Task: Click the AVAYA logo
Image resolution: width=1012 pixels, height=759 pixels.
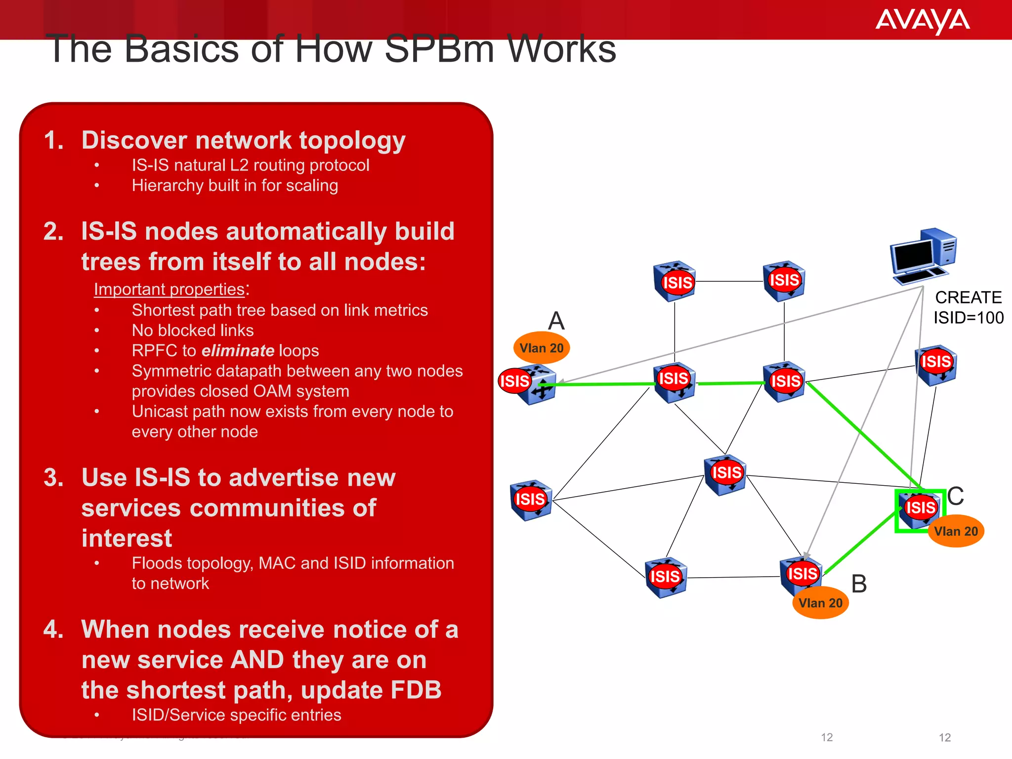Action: pos(922,21)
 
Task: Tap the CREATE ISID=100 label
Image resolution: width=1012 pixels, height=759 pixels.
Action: pos(968,307)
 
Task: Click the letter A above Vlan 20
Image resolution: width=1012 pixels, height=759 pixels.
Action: pos(556,321)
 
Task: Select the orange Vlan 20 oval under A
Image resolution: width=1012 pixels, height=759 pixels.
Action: pos(542,348)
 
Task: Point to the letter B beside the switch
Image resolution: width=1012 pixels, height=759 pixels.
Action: pos(859,584)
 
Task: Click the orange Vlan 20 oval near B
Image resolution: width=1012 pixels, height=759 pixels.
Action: pos(820,603)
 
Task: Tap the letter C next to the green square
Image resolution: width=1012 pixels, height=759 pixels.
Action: pos(955,496)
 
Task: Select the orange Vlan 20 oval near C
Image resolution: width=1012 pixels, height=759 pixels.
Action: pos(956,531)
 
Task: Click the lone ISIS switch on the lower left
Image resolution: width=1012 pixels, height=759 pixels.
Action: pos(531,500)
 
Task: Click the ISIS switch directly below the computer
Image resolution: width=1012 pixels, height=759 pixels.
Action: pos(935,365)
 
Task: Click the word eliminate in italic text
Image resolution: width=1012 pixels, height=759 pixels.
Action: pos(238,351)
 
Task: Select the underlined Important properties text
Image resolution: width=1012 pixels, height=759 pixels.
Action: pos(169,290)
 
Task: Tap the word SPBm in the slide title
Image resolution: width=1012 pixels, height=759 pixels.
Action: pos(439,49)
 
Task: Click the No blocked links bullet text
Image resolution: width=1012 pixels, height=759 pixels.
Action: pos(193,331)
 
